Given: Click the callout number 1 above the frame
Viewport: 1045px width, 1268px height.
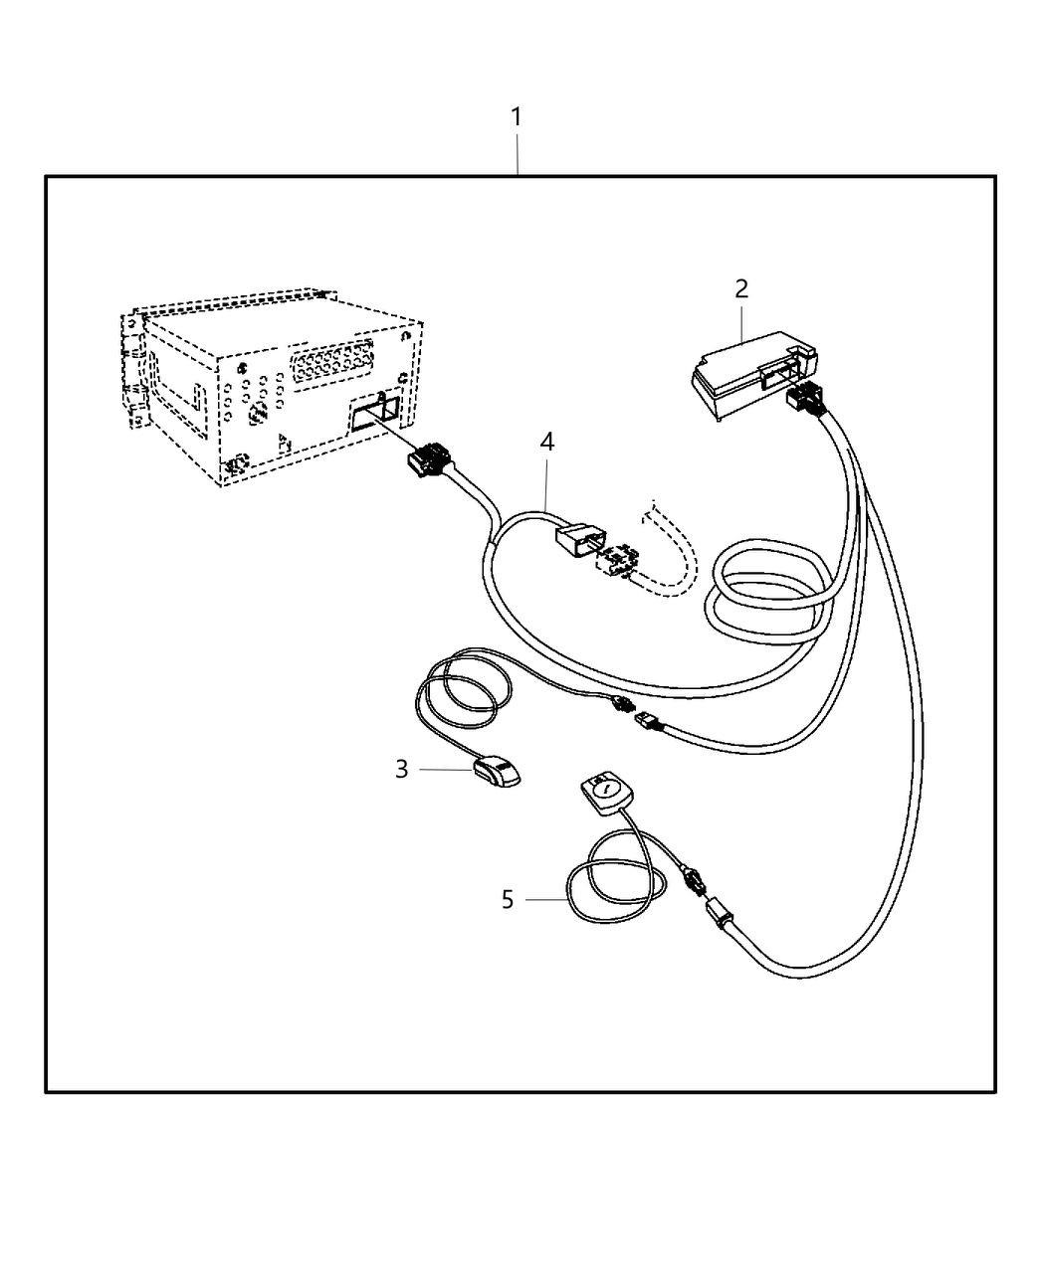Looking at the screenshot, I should click(x=517, y=117).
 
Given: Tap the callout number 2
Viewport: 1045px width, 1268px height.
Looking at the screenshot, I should click(x=741, y=289).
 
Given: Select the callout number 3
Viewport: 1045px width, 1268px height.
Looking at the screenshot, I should click(x=401, y=769).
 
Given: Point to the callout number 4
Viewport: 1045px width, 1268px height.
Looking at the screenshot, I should click(x=546, y=442).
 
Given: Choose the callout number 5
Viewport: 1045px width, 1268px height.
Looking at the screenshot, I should click(x=508, y=900).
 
